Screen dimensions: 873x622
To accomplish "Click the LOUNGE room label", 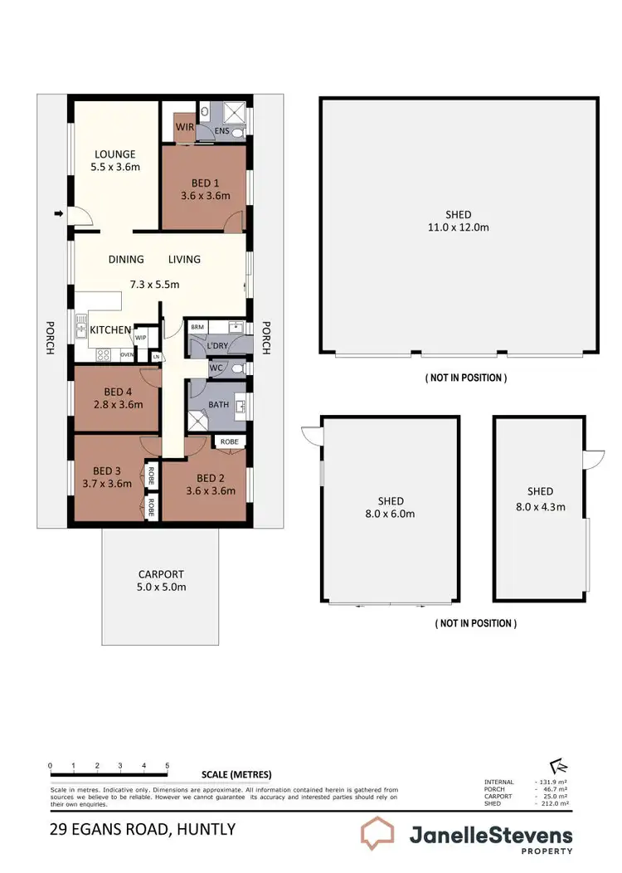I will pyautogui.click(x=114, y=154).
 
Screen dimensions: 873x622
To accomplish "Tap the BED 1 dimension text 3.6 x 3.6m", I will pyautogui.click(x=205, y=196).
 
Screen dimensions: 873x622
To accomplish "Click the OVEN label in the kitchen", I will pyautogui.click(x=127, y=355).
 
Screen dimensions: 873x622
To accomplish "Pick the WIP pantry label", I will pyautogui.click(x=140, y=337).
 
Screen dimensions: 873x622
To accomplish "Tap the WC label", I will pyautogui.click(x=216, y=367).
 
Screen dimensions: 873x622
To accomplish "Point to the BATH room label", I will pyautogui.click(x=218, y=405).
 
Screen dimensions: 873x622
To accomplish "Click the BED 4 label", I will pyautogui.click(x=119, y=392).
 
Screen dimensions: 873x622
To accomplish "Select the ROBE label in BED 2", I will pyautogui.click(x=229, y=442).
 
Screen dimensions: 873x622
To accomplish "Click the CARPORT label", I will pyautogui.click(x=161, y=573).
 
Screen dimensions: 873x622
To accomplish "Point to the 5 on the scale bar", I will pyautogui.click(x=168, y=765).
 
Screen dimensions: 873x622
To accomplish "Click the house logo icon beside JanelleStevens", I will pyautogui.click(x=378, y=834).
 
